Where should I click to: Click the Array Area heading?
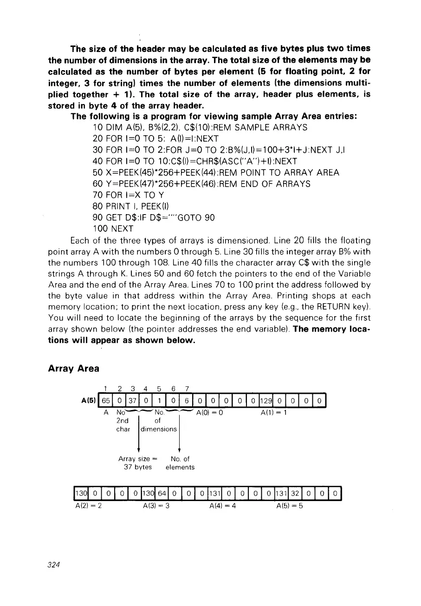click(x=73, y=368)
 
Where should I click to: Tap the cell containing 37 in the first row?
click(x=132, y=400)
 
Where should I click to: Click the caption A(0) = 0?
click(x=210, y=412)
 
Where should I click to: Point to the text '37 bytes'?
click(x=137, y=467)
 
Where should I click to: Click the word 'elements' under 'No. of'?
click(x=180, y=467)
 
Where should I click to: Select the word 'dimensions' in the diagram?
click(x=159, y=429)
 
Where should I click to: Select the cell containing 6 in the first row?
click(x=186, y=400)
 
